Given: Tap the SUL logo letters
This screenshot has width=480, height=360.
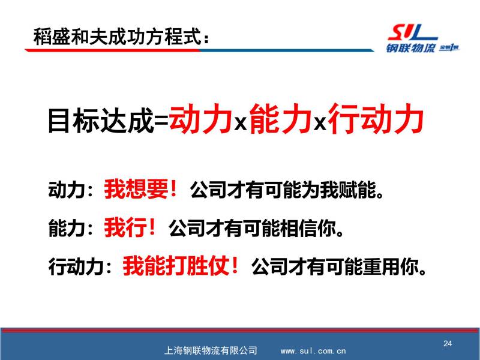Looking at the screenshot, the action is coord(412,32).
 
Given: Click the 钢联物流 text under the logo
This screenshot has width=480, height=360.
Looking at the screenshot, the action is coord(410,48).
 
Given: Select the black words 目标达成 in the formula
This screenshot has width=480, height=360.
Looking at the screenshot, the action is coord(101,121).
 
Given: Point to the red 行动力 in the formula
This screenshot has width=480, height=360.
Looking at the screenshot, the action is coord(376,119).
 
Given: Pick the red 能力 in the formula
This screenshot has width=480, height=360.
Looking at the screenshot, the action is coord(280,119).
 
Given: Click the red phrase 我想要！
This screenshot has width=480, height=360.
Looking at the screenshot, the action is coord(140,189).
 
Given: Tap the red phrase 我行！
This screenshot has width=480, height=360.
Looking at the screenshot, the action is coord(130,227).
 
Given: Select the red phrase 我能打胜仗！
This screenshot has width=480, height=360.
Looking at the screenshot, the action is coord(181,265).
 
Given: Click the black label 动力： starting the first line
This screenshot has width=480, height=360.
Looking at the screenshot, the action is coord(70,190).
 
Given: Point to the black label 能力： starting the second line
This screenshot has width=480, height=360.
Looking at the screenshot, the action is coord(70,228).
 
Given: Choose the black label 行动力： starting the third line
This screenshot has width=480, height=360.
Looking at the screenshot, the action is coord(80,266).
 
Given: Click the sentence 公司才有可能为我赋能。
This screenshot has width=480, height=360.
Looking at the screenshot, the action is coord(287,190).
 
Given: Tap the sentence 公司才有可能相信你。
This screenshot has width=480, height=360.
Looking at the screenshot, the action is coord(256,228).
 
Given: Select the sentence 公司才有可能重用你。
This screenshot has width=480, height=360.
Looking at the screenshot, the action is coord(339,266).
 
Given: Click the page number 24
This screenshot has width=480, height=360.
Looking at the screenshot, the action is coord(448,343).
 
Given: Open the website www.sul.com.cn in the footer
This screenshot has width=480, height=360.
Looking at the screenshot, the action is coord(313,351).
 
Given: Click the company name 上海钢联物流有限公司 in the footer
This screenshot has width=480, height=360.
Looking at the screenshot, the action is coord(211,350).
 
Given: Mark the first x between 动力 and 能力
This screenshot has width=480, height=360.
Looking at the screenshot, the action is coord(241,124).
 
